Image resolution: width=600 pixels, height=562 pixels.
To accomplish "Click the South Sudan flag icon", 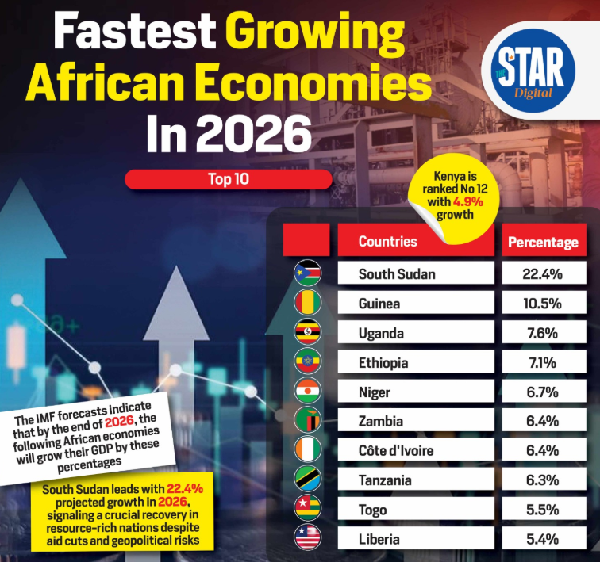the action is (307, 273).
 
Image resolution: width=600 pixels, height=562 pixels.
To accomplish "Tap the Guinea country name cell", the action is (416, 303).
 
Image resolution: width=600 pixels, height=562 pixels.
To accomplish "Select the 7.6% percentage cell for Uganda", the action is (544, 332).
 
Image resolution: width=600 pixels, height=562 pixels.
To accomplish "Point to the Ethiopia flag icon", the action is (307, 361).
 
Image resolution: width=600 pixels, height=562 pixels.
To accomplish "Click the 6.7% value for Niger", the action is (543, 392).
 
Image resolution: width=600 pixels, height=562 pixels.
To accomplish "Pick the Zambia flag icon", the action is (307, 420).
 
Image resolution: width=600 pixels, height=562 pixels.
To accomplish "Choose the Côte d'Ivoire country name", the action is (396, 450).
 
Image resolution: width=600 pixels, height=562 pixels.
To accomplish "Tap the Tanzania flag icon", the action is (307, 479).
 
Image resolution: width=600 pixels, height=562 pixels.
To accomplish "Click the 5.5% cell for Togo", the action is (544, 509).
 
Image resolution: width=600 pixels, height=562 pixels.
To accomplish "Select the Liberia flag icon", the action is (307, 537).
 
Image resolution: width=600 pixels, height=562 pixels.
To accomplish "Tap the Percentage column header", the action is (544, 241).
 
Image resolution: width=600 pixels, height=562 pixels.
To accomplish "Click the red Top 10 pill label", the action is (229, 179).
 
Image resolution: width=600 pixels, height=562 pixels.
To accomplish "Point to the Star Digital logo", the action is (533, 71).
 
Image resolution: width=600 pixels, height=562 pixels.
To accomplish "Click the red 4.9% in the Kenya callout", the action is (468, 201).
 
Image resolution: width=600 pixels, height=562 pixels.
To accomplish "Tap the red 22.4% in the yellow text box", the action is (185, 489).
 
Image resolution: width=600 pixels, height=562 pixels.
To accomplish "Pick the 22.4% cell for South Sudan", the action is (544, 273).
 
